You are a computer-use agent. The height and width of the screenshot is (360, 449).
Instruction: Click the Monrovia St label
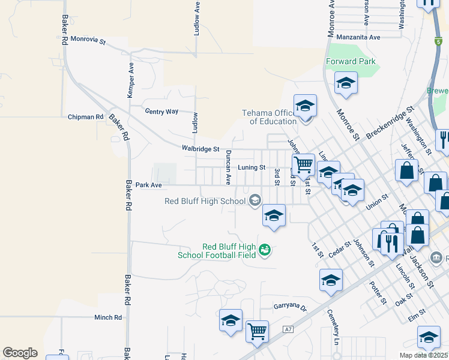88,41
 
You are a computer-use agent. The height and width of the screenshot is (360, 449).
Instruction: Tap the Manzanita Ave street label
359,37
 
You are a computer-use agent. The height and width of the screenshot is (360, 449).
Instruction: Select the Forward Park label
351,61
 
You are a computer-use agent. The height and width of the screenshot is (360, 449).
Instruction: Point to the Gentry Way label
162,112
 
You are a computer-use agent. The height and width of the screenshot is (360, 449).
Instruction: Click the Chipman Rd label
86,117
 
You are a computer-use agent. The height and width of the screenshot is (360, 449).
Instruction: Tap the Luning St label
252,167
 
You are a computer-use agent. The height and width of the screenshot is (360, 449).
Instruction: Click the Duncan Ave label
228,167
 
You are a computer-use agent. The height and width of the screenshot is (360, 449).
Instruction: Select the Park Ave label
149,185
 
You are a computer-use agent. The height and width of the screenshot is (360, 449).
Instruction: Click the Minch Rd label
108,317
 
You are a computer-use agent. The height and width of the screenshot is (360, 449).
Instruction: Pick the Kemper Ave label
130,82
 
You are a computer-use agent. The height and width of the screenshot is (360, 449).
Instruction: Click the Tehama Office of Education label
270,117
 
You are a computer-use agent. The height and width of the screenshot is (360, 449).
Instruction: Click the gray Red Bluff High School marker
255,200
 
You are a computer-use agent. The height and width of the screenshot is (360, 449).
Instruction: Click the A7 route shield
289,329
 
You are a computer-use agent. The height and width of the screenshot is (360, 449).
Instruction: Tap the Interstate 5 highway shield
438,41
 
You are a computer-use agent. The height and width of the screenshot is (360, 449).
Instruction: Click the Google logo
20,353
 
